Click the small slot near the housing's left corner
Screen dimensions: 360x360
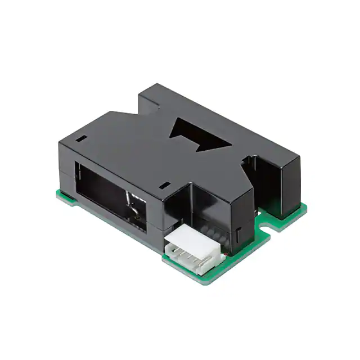click(82, 137)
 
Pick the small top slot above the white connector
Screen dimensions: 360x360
click(164, 184)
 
